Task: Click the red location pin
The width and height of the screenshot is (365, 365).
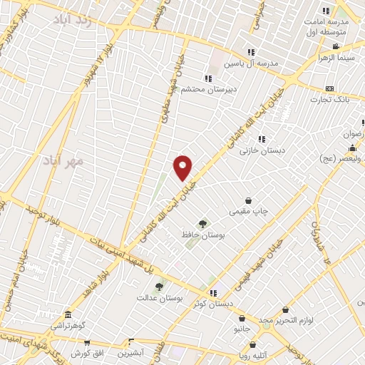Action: (183, 168)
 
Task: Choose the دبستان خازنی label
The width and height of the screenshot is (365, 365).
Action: (263, 150)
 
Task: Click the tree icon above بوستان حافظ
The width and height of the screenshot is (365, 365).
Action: (204, 224)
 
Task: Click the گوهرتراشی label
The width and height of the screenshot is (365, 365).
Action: (68, 325)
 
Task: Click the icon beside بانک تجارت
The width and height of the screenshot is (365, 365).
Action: (329, 88)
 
